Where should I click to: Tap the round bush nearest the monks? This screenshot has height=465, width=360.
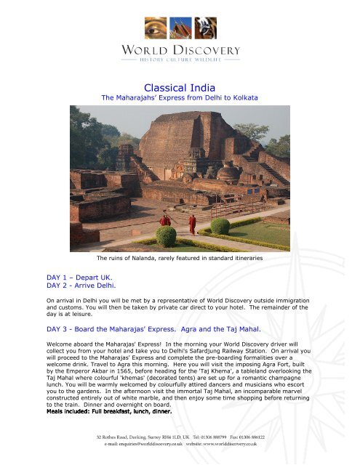pos(167,237)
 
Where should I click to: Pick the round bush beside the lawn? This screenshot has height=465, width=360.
pos(220,226)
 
